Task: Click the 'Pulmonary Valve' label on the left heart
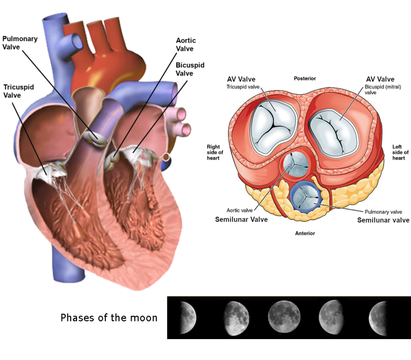[x=20, y=43]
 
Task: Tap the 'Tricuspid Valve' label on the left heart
[x=19, y=91]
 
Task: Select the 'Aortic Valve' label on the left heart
[x=186, y=44]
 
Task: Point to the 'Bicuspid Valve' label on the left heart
[x=190, y=69]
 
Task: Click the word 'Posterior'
[x=305, y=78]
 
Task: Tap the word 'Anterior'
[x=305, y=233]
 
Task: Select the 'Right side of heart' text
[x=215, y=152]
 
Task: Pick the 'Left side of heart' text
[x=400, y=152]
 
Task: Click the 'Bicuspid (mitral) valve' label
[x=383, y=89]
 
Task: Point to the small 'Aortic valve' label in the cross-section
[x=239, y=210]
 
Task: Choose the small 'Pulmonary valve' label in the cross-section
[x=383, y=212]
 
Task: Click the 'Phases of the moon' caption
[x=109, y=318]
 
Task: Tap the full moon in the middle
[x=284, y=316]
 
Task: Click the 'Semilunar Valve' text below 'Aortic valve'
[x=241, y=219]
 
